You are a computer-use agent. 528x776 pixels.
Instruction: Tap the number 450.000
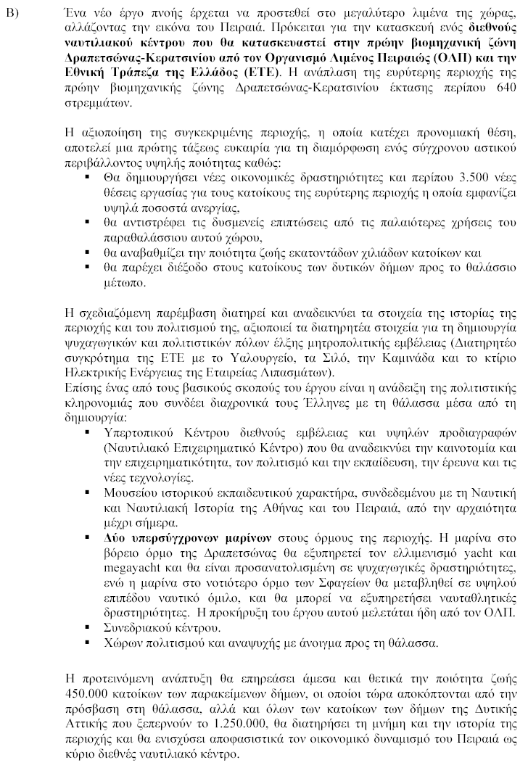click(88, 692)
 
